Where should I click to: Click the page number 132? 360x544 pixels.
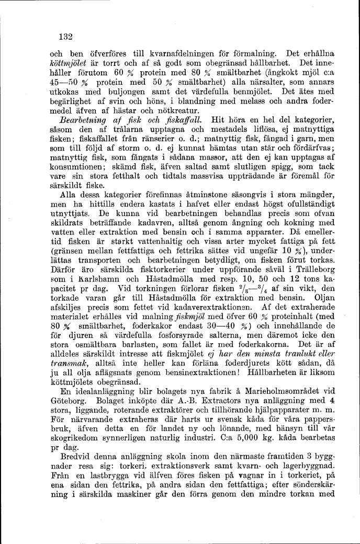[65, 37]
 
